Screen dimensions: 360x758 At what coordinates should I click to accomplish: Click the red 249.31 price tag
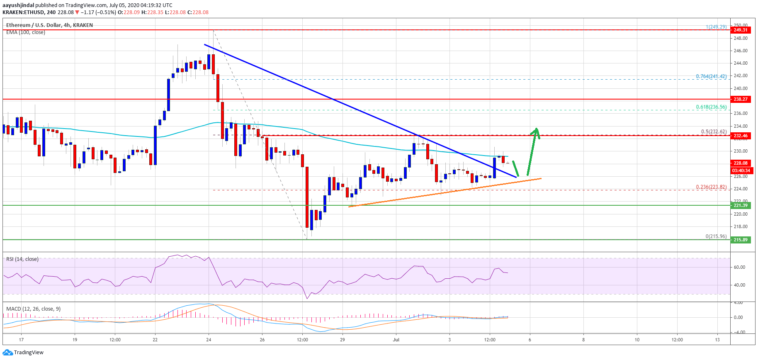tap(741, 30)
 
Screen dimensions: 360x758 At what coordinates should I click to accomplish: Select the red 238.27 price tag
tap(741, 99)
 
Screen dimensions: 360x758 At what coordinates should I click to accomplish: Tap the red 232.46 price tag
tap(741, 136)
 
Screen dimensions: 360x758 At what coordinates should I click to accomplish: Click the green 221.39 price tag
tap(741, 205)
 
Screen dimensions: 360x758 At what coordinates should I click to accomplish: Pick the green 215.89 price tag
tap(741, 240)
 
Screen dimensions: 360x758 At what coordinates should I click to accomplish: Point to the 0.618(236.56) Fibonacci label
tap(711, 107)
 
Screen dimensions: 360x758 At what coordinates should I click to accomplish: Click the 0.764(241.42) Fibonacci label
tap(711, 76)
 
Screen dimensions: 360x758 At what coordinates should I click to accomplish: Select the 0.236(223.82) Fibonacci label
tap(711, 187)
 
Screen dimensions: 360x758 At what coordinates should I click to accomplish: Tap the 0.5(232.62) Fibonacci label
tap(714, 132)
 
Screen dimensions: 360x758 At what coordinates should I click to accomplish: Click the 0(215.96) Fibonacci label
tap(716, 236)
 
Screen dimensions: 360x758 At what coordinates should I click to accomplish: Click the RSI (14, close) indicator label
tap(22, 259)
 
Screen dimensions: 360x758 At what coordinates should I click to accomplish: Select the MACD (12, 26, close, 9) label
tap(33, 309)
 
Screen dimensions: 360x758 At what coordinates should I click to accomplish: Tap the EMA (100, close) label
tap(26, 32)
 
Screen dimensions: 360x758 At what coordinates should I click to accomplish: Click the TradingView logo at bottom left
tap(23, 353)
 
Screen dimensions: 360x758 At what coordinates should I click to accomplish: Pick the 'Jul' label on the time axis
tap(396, 340)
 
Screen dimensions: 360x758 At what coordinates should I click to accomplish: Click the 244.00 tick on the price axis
tap(741, 63)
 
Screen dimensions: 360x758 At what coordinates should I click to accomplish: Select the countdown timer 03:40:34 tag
tap(741, 170)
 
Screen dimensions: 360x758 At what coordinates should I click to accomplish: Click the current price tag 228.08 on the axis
tap(741, 163)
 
